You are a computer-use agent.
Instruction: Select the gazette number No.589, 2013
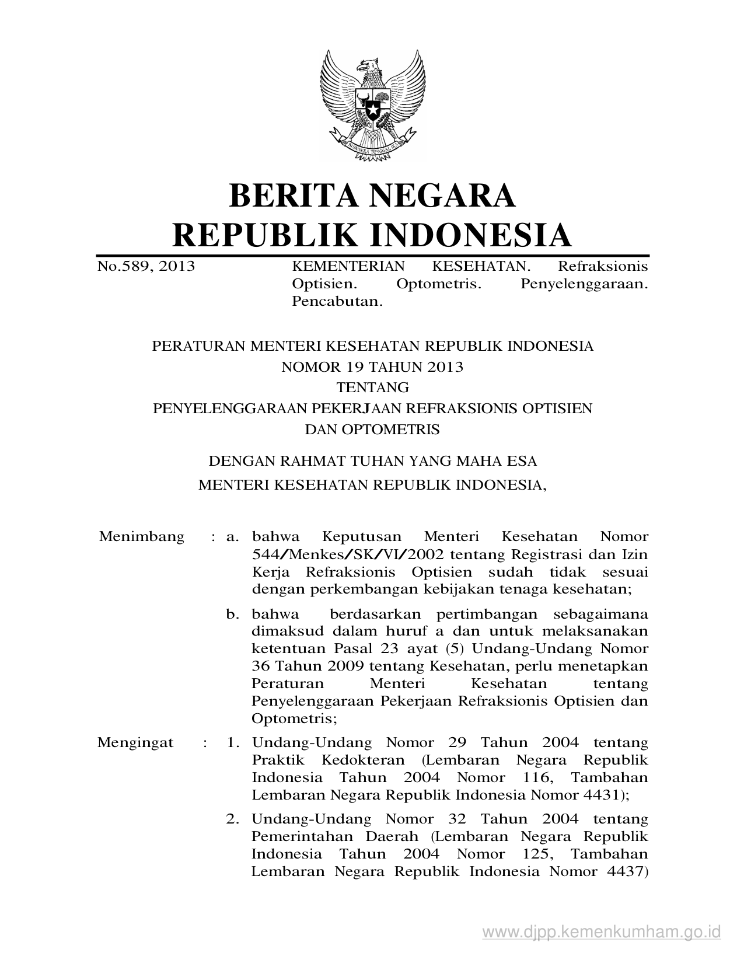tap(146, 267)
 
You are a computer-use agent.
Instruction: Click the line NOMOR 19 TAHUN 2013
tap(372, 367)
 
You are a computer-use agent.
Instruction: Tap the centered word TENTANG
tap(372, 388)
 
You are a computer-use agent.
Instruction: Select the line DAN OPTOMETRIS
tap(372, 430)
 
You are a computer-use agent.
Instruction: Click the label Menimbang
tap(142, 536)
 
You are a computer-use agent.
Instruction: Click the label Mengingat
tap(135, 743)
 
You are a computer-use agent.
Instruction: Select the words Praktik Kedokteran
tap(328, 760)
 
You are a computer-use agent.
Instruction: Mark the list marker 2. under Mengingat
tap(233, 819)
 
